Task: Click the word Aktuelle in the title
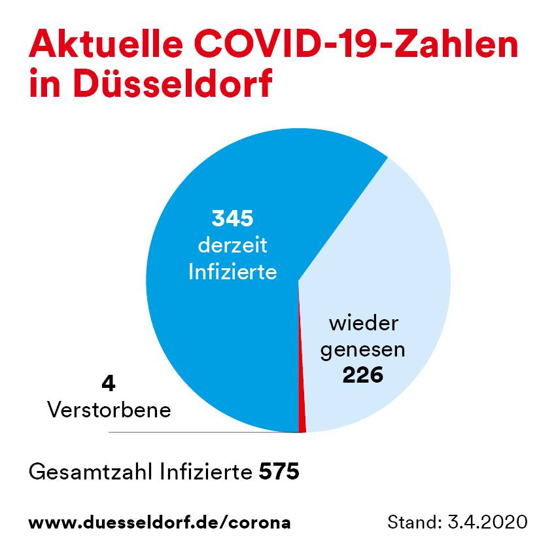point(106,44)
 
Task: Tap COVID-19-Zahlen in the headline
point(356,44)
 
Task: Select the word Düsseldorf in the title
point(173,83)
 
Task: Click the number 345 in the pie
point(232,218)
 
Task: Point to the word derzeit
point(232,245)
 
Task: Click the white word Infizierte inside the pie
point(232,272)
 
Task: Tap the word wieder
point(364,323)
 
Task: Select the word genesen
point(363,351)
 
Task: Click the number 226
point(363,375)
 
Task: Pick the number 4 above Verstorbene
point(109,384)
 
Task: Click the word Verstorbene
point(109,410)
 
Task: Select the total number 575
point(279,472)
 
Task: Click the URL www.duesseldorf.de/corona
point(160,523)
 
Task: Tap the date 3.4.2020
point(487,522)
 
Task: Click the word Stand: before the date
point(415,522)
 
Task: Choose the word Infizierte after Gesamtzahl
point(206,472)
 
